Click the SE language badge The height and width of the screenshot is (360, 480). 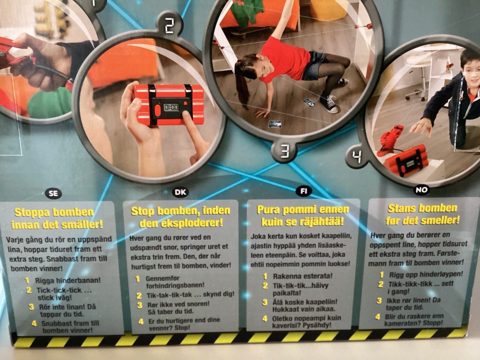53,193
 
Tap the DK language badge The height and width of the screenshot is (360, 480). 180,192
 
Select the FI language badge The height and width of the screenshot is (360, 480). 303,191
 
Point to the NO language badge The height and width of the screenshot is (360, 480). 421,190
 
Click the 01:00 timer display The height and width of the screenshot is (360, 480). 171,107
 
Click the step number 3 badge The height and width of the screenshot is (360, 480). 285,151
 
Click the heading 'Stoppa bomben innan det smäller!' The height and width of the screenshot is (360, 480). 57,218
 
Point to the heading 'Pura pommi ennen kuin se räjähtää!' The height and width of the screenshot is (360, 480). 303,215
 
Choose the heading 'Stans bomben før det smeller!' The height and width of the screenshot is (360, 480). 423,214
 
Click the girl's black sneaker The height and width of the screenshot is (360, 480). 329,103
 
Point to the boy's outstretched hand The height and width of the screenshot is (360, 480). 421,125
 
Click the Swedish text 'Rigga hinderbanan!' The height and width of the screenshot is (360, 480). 67,280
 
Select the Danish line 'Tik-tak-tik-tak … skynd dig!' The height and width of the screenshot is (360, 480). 190,295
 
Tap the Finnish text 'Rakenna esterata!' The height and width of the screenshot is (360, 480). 302,276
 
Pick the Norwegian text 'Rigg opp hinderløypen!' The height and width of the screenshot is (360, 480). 426,274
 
